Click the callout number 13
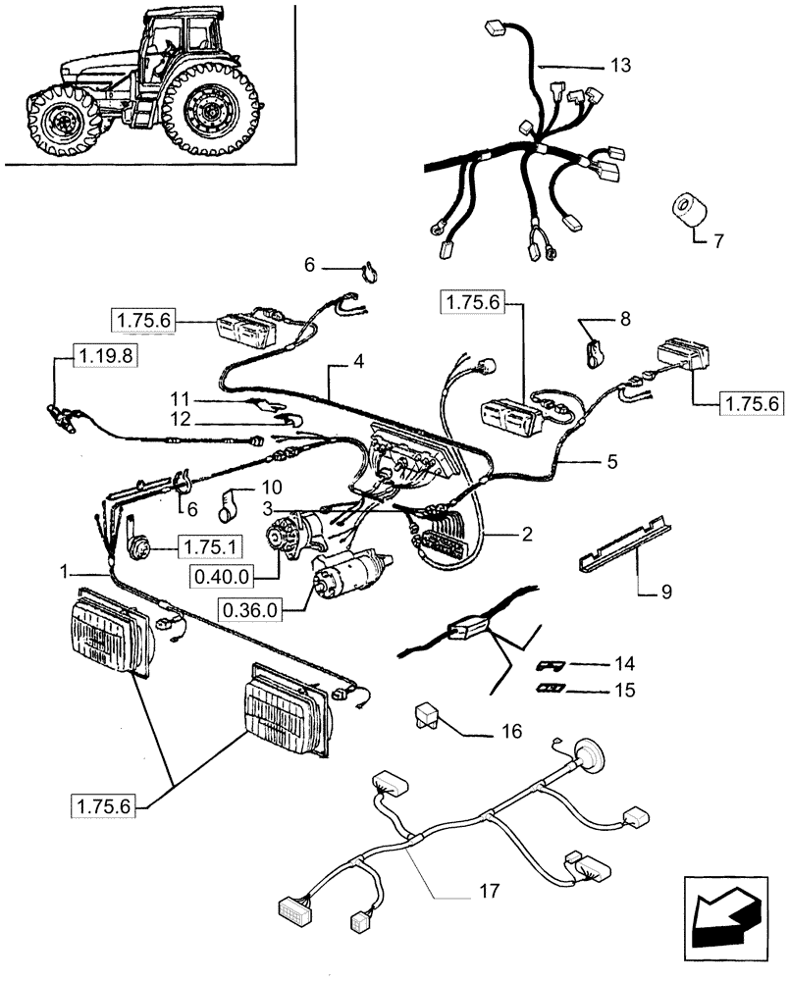pos(619,66)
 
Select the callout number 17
pos(490,892)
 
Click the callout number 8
pos(625,319)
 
